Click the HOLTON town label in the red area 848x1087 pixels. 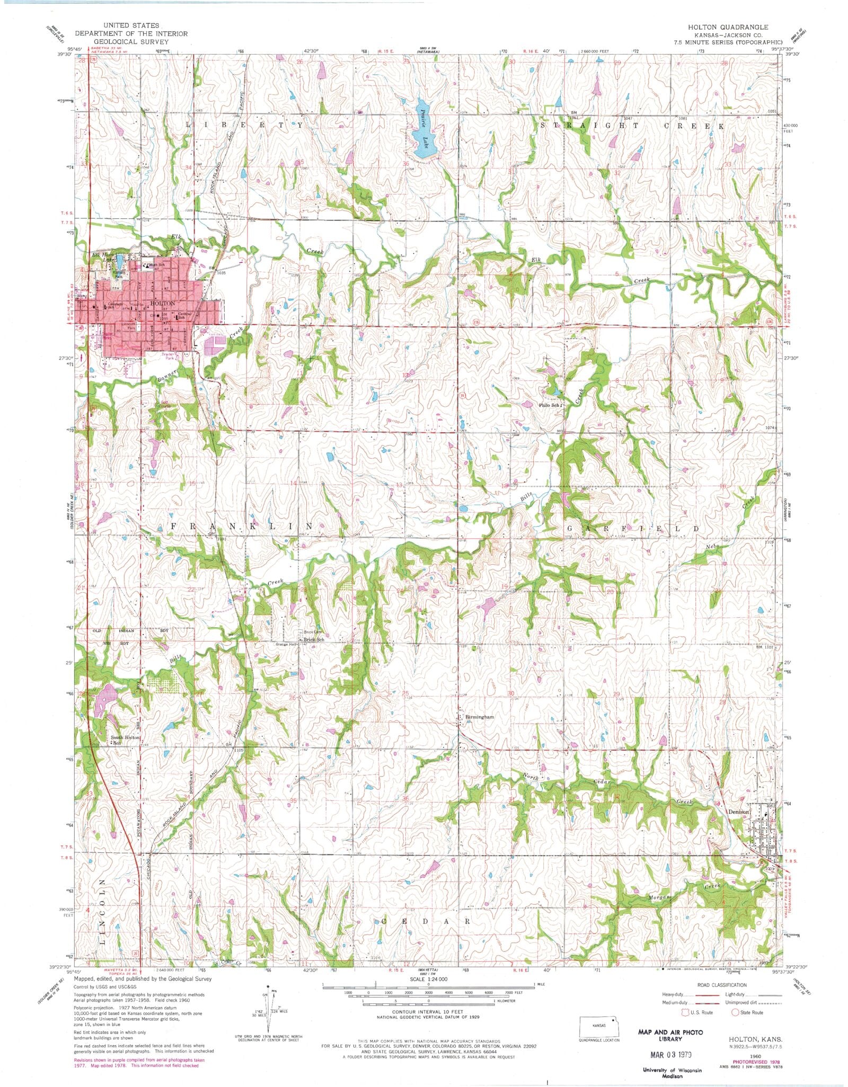162,304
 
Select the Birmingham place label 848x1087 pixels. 480,717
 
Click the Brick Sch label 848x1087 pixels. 313,640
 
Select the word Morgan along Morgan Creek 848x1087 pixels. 659,898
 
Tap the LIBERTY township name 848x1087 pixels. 244,125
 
